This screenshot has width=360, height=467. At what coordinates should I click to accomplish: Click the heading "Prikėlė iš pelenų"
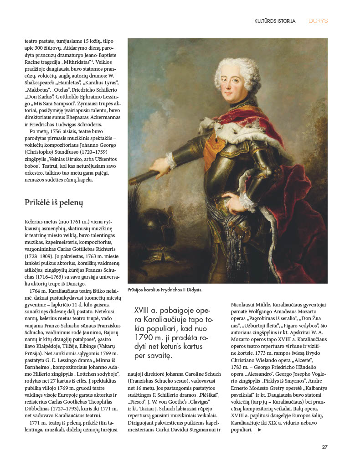coord(54,202)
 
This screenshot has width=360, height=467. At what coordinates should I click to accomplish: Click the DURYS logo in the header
coord(318,21)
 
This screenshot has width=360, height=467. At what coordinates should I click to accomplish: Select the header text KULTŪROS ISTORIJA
coord(275,21)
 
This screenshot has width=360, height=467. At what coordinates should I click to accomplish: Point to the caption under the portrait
coord(165,290)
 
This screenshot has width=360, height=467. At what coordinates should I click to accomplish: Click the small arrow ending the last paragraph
coord(260,430)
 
